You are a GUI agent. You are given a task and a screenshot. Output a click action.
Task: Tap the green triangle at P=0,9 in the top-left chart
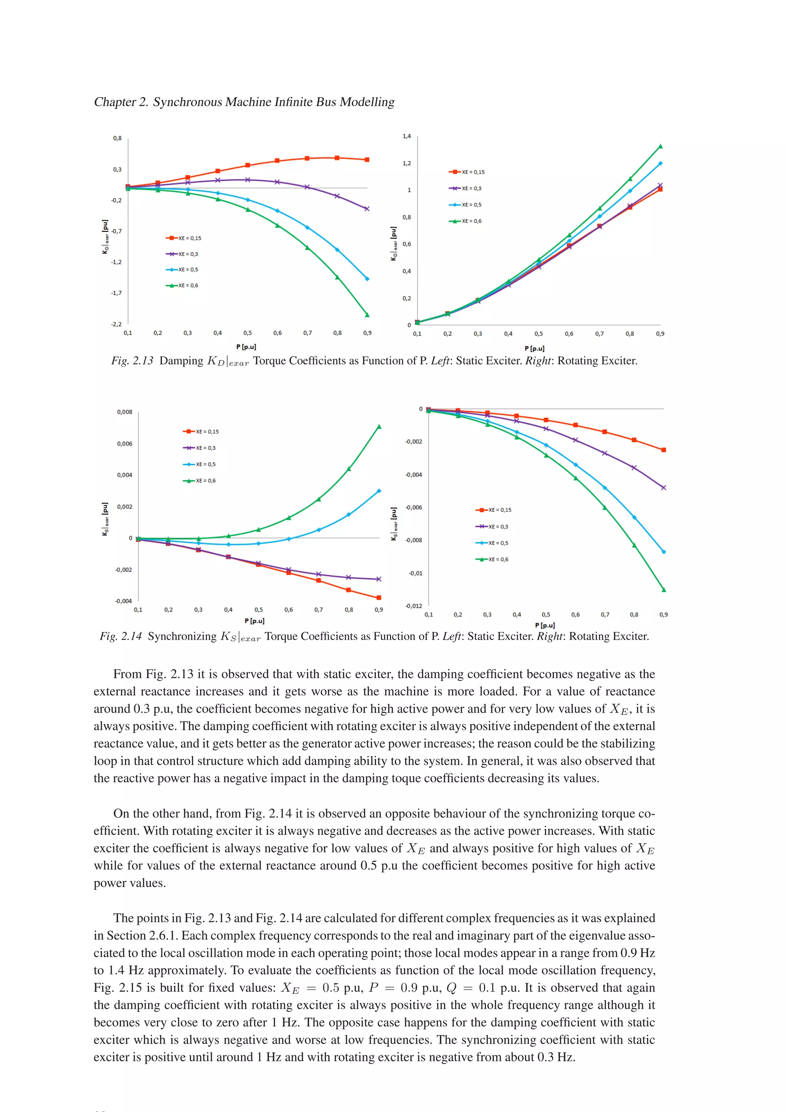pyautogui.click(x=367, y=315)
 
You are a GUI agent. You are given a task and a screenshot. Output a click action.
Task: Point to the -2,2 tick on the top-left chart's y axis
pyautogui.click(x=116, y=324)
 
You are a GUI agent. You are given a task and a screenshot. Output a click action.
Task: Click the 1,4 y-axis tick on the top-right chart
pyautogui.click(x=406, y=136)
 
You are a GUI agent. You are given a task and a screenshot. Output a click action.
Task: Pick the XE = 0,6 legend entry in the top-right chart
pyautogui.click(x=466, y=221)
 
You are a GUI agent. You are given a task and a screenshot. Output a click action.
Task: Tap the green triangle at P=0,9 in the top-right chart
pyautogui.click(x=660, y=146)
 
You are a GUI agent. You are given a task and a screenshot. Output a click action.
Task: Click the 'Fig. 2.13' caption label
pyautogui.click(x=132, y=361)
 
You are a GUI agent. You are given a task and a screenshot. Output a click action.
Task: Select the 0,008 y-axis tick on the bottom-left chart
pyautogui.click(x=124, y=412)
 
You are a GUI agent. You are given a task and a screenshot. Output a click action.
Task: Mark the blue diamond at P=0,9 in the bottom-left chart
pyautogui.click(x=379, y=491)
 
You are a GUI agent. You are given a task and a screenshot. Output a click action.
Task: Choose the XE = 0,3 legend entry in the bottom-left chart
pyautogui.click(x=200, y=448)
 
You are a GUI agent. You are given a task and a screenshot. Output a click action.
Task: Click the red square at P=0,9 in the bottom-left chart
pyautogui.click(x=379, y=598)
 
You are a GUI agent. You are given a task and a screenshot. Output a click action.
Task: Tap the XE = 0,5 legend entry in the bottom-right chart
pyautogui.click(x=492, y=543)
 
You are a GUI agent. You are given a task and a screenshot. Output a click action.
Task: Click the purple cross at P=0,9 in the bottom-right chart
pyautogui.click(x=664, y=488)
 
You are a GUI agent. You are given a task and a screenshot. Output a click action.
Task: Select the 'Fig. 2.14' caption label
pyautogui.click(x=121, y=637)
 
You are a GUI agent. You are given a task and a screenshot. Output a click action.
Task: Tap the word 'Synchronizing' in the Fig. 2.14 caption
pyautogui.click(x=182, y=637)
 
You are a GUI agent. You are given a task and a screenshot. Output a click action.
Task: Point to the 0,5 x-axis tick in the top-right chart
pyautogui.click(x=538, y=334)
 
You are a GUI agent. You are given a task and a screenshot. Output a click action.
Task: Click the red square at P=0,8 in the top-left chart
pyautogui.click(x=337, y=158)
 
